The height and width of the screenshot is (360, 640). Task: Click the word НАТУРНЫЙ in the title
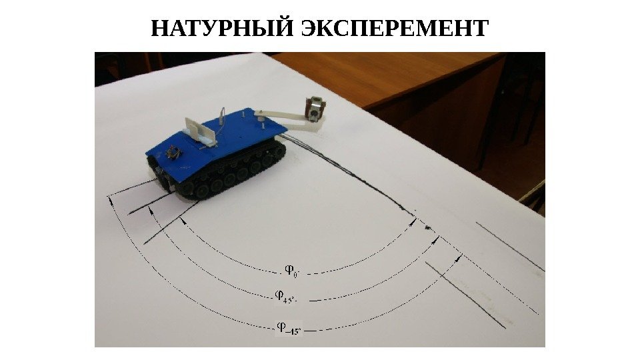(x=223, y=28)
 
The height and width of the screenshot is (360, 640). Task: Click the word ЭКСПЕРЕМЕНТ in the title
(x=395, y=28)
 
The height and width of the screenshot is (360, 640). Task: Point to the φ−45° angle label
(x=289, y=328)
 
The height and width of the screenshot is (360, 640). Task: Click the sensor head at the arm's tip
(x=315, y=109)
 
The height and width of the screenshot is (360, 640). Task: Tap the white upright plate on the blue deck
(x=200, y=131)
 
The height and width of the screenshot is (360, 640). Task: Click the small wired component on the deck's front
(x=173, y=153)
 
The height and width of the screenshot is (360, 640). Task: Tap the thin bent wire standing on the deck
(x=221, y=119)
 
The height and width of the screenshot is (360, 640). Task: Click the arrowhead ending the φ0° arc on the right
(x=413, y=221)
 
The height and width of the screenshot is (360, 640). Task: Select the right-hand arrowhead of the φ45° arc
(x=435, y=241)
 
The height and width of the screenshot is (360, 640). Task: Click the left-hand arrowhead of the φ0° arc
(x=183, y=220)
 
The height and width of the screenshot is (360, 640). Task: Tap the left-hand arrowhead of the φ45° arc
(x=151, y=210)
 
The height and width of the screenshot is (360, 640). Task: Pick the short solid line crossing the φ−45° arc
(x=465, y=295)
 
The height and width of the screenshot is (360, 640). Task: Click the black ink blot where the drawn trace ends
(x=427, y=227)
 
